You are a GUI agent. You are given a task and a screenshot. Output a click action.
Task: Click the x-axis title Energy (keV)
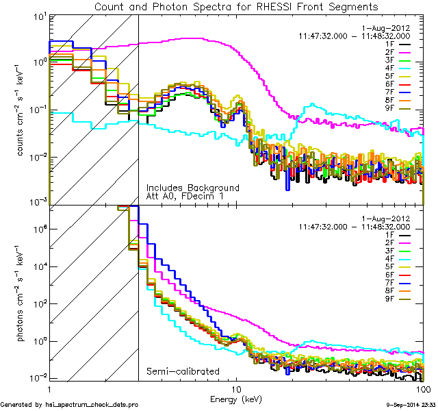(x=236, y=398)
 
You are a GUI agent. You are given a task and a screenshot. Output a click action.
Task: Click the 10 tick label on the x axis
(x=236, y=388)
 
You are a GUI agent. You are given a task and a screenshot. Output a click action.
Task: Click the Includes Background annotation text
(x=193, y=188)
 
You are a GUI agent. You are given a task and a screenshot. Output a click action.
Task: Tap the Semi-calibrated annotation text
(x=183, y=372)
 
